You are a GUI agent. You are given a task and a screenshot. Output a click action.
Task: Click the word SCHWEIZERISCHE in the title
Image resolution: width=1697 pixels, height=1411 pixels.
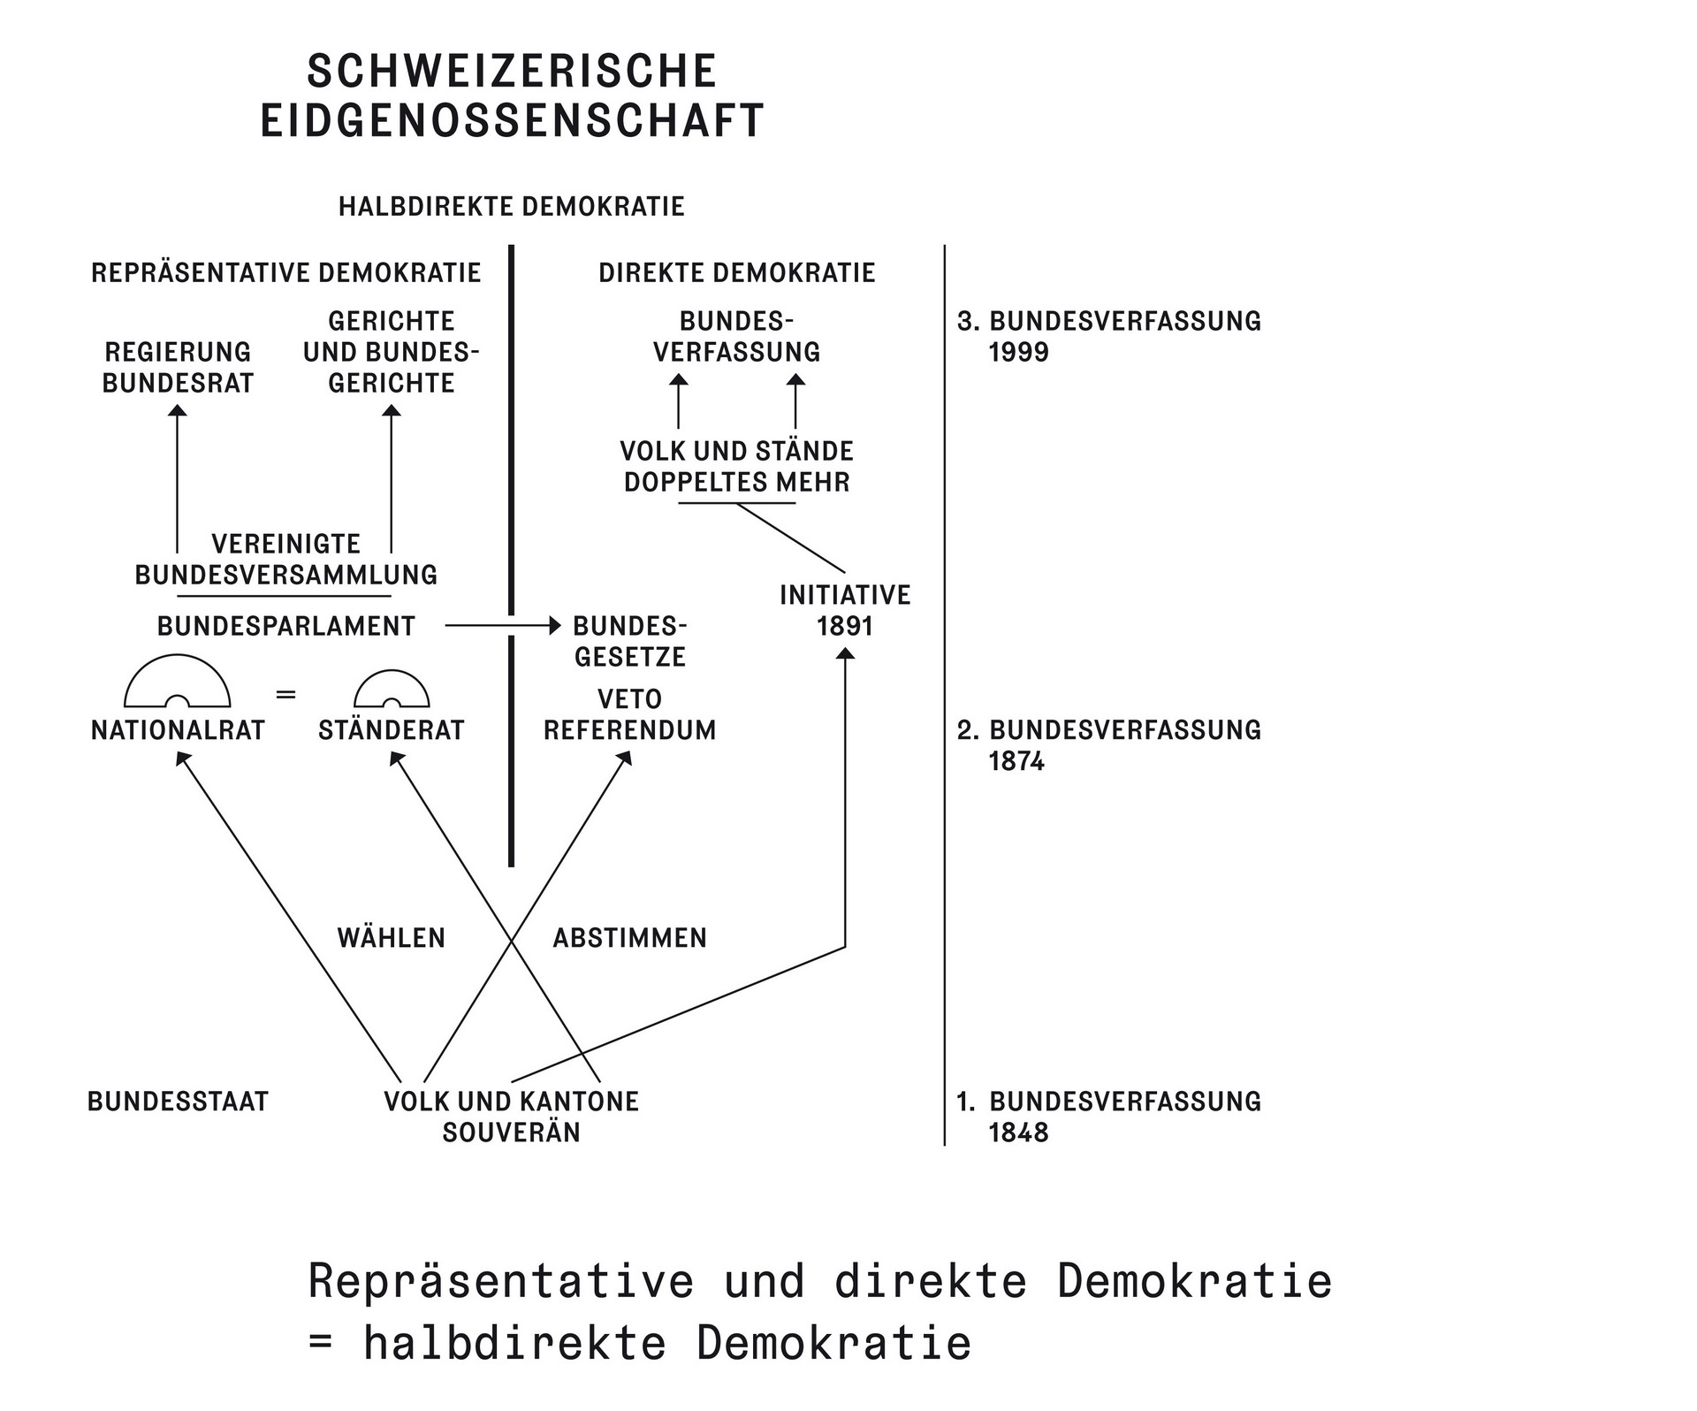click(x=511, y=72)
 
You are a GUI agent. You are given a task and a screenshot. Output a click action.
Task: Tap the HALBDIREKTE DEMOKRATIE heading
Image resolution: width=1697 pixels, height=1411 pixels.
click(x=511, y=207)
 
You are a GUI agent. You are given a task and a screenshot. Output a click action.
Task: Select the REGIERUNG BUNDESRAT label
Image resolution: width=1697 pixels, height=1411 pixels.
click(x=178, y=368)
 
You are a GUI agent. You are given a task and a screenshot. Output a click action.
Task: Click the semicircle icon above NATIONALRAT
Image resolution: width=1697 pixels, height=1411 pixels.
click(x=178, y=683)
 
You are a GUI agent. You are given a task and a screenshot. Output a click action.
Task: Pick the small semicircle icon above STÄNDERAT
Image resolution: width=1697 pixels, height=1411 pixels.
click(x=392, y=690)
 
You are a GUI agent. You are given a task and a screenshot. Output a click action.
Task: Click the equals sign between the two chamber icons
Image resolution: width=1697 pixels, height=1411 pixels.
click(x=285, y=695)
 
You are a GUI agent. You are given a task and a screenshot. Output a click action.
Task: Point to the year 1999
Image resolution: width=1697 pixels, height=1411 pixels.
click(x=1018, y=353)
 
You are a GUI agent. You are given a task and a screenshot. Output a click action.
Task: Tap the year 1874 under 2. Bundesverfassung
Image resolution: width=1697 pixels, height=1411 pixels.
click(x=1016, y=762)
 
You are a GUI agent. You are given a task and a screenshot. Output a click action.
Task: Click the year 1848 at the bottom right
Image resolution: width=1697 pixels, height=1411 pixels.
click(x=1018, y=1133)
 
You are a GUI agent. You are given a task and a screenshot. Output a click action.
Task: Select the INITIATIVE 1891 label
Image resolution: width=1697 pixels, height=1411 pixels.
click(x=845, y=611)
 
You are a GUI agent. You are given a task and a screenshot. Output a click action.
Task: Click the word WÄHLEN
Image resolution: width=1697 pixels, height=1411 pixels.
click(x=392, y=938)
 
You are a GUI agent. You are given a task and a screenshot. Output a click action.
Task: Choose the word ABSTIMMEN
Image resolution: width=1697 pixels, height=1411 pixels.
click(x=629, y=938)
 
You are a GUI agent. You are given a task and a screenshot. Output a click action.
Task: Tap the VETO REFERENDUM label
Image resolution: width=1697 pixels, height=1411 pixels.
click(x=629, y=715)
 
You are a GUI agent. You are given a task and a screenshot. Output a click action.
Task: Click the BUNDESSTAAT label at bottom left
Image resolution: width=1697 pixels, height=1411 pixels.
click(x=178, y=1102)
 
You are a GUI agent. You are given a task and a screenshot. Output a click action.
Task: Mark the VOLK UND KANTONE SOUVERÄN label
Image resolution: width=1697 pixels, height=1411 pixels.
click(x=511, y=1117)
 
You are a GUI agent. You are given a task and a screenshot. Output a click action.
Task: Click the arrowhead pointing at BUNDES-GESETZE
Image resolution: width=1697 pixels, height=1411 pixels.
click(x=555, y=626)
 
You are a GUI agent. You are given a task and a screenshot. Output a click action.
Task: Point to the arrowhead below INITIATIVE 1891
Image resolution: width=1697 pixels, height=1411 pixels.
click(x=845, y=653)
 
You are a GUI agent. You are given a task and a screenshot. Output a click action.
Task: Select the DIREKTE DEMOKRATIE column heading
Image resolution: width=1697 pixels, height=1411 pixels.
click(x=736, y=273)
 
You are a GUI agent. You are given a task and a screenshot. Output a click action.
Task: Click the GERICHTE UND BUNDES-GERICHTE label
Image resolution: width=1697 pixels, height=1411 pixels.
click(x=392, y=352)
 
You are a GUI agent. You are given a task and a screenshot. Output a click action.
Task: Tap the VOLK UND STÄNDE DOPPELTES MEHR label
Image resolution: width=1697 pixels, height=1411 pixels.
click(x=736, y=467)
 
